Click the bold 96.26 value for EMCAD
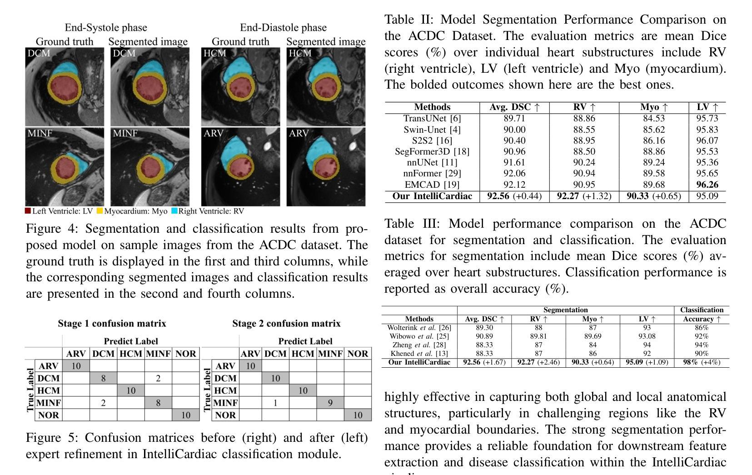[x=707, y=185]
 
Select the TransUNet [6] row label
[x=432, y=118]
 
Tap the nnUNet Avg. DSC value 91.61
[x=514, y=162]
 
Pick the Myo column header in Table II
[x=654, y=107]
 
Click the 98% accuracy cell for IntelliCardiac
[x=702, y=362]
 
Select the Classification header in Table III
[x=702, y=310]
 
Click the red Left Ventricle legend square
[x=28, y=210]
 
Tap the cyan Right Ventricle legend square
[x=174, y=210]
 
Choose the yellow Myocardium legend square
[x=100, y=210]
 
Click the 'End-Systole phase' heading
[x=106, y=27]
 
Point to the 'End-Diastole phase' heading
[x=283, y=27]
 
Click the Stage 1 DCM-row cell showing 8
[x=104, y=378]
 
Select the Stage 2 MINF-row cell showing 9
[x=330, y=402]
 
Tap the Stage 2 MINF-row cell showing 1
[x=275, y=402]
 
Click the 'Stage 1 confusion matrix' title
[x=112, y=323]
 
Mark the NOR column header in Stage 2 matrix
[x=358, y=353]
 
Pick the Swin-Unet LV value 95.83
[x=707, y=130]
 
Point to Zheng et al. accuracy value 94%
[x=701, y=345]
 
